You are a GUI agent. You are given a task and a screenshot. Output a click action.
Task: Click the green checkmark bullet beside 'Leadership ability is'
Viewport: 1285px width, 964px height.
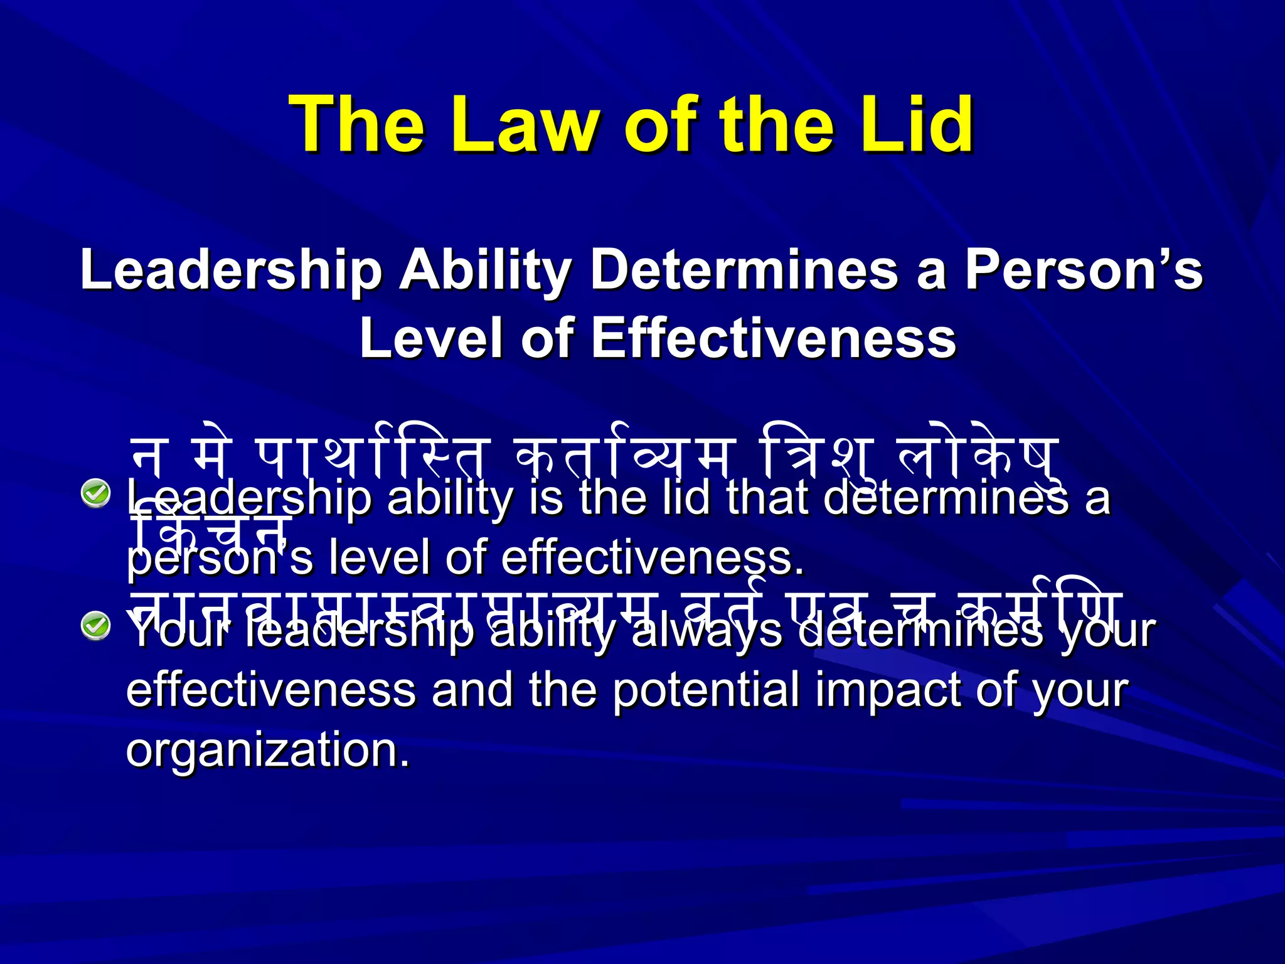coord(96,493)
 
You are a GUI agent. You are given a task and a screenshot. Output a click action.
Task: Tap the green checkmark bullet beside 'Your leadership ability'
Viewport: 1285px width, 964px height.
coord(96,626)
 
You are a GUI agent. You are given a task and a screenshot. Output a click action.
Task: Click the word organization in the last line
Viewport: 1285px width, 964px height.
coord(267,750)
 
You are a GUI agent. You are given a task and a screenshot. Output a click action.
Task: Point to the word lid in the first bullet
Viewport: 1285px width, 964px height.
coord(687,499)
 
